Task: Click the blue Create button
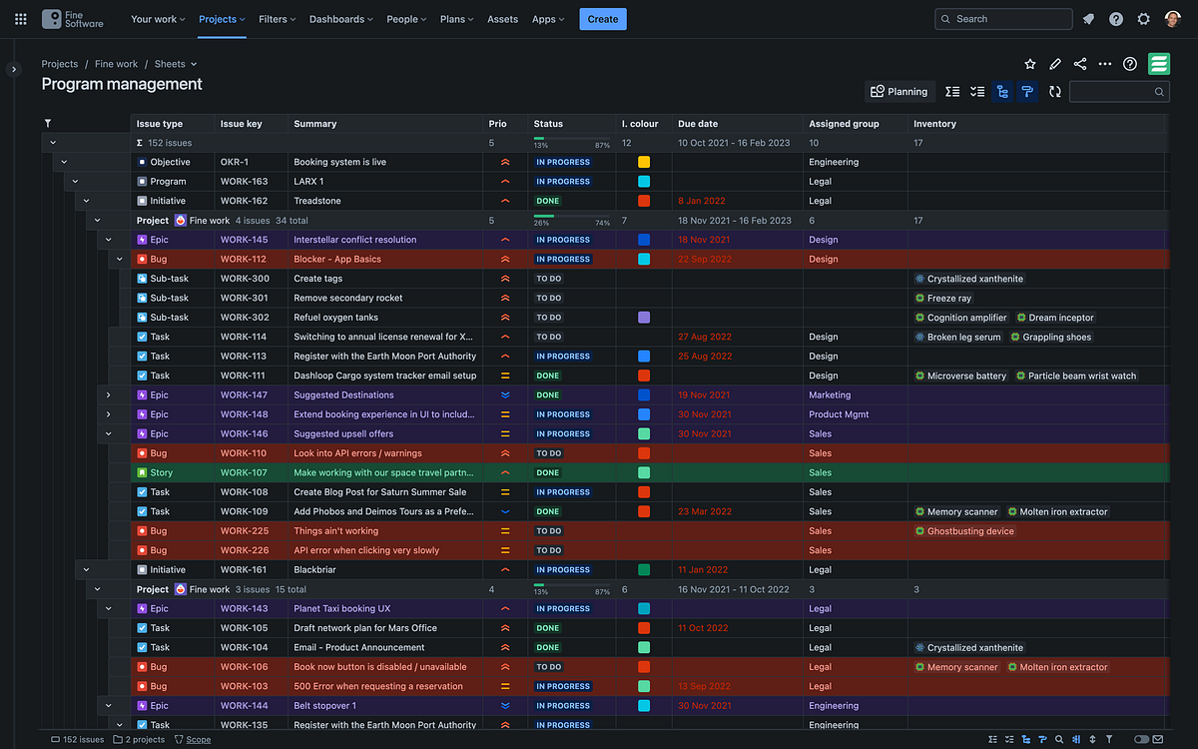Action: click(x=602, y=19)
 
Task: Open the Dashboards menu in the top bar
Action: click(x=340, y=19)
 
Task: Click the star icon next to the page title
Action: click(x=1030, y=64)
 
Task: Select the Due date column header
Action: click(x=698, y=124)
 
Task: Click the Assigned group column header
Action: click(x=844, y=124)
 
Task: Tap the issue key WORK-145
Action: click(x=244, y=240)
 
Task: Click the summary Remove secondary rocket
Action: click(x=347, y=298)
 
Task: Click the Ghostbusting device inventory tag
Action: click(x=969, y=531)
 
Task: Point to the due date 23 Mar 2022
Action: click(x=705, y=511)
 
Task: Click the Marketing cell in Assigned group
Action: click(x=830, y=395)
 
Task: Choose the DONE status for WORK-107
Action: click(x=548, y=473)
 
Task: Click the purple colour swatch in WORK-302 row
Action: click(x=644, y=318)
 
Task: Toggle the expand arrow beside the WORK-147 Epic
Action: click(x=108, y=395)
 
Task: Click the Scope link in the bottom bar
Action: click(x=198, y=740)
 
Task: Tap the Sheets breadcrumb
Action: click(x=170, y=64)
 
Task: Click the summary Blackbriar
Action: click(x=316, y=570)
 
